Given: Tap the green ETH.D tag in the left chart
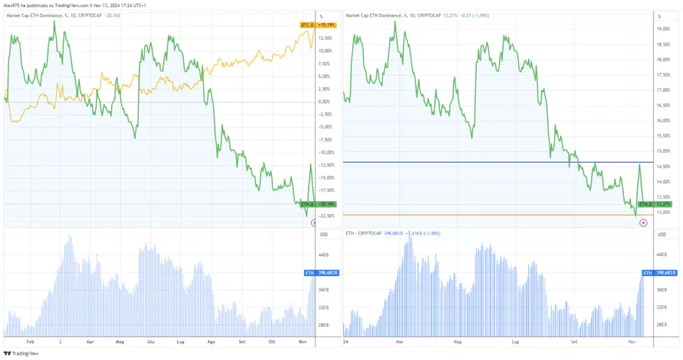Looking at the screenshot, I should point(307,203).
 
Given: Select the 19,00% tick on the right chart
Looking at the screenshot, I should point(664,29).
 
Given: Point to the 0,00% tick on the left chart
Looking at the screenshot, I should point(325,101).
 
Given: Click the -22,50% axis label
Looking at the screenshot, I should point(327,215).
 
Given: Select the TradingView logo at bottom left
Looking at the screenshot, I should point(21,353).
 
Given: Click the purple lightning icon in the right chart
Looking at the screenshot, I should point(643,223).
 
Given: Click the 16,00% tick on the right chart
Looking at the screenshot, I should point(664,121).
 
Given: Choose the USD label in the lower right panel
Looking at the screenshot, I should point(662,234).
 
